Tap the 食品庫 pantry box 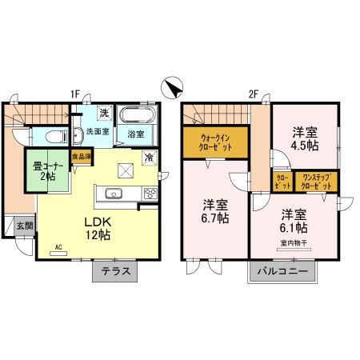(x=82, y=157)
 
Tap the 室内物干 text (x=294, y=242)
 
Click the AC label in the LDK (x=58, y=248)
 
